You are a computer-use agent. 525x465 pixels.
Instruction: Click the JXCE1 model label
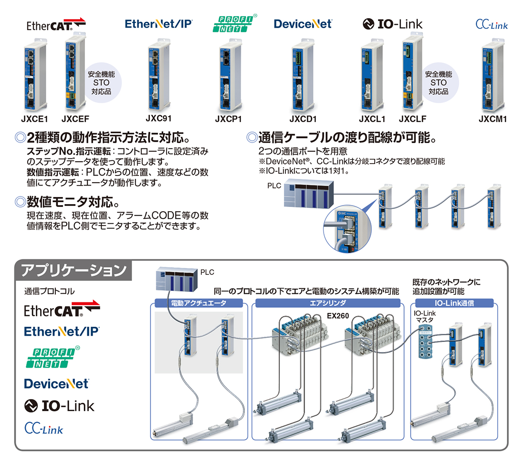pos(34,119)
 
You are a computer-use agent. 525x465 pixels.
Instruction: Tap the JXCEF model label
pos(75,119)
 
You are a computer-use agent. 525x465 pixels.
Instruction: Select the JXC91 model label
pos(159,118)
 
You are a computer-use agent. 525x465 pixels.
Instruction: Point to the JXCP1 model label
pos(228,119)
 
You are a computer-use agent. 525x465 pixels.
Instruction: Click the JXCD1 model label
pos(303,119)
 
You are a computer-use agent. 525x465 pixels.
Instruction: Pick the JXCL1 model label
pos(372,119)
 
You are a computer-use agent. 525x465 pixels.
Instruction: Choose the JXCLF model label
pos(412,119)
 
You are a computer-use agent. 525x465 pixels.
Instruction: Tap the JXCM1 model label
pos(493,119)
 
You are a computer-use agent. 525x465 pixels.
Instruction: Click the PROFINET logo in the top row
pos(235,23)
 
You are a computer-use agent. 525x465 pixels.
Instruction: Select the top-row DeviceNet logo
pos(303,24)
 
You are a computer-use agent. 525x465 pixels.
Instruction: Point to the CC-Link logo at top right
pos(492,24)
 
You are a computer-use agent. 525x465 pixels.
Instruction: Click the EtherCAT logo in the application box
pos(62,309)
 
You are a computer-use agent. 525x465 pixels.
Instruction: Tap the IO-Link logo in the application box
pos(59,406)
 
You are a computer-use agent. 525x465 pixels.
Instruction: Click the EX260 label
pos(338,316)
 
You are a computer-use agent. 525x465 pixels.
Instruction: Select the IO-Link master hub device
pos(425,342)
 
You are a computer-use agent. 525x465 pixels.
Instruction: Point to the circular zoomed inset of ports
pos(347,229)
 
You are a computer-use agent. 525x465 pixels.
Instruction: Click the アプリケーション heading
pos(73,270)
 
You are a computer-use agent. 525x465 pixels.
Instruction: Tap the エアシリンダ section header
pos(328,303)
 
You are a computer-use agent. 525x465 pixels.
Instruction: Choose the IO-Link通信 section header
pos(454,303)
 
